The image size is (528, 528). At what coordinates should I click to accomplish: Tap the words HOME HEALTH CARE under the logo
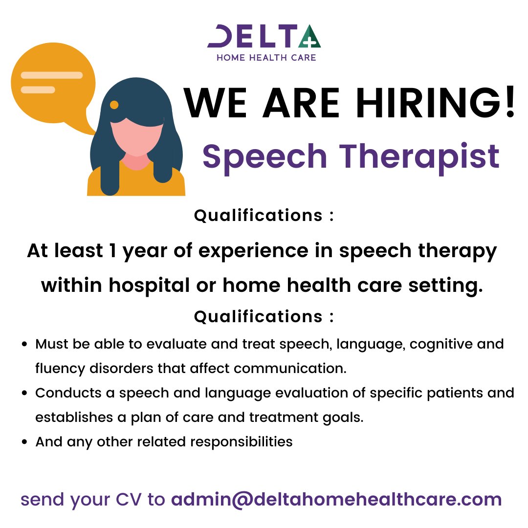click(266, 58)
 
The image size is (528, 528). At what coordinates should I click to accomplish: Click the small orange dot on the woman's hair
click(114, 105)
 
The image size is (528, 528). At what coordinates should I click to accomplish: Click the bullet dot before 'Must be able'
click(25, 344)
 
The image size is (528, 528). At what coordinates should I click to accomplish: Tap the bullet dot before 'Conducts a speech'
click(25, 394)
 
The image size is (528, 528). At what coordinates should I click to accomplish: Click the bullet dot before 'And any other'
click(25, 442)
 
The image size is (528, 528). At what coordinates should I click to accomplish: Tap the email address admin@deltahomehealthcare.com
click(336, 500)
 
